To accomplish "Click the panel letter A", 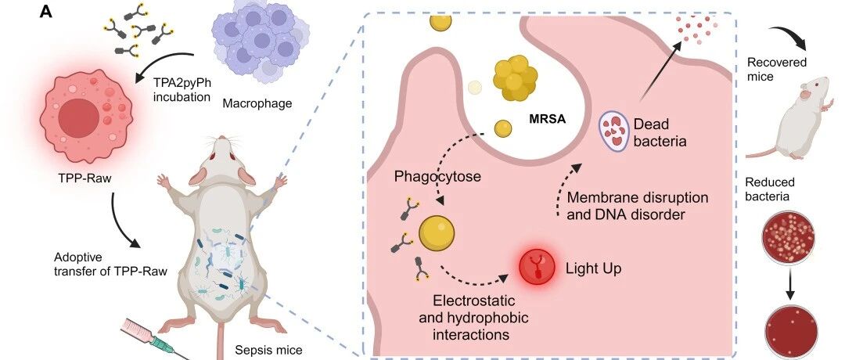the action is (46, 12).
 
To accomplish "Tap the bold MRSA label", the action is (546, 119).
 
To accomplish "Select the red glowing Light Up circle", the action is (537, 268).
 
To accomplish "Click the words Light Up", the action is (593, 268).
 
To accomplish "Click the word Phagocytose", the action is (437, 176).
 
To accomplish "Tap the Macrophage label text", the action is (257, 103).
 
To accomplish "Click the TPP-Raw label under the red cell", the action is (85, 178).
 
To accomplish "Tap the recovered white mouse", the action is (789, 118).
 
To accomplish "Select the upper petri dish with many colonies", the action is (789, 236).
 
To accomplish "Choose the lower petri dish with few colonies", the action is (792, 332).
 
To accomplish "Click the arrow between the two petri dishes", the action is (790, 283).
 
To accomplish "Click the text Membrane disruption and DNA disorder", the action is (638, 205).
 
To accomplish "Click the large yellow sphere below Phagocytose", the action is (437, 232).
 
